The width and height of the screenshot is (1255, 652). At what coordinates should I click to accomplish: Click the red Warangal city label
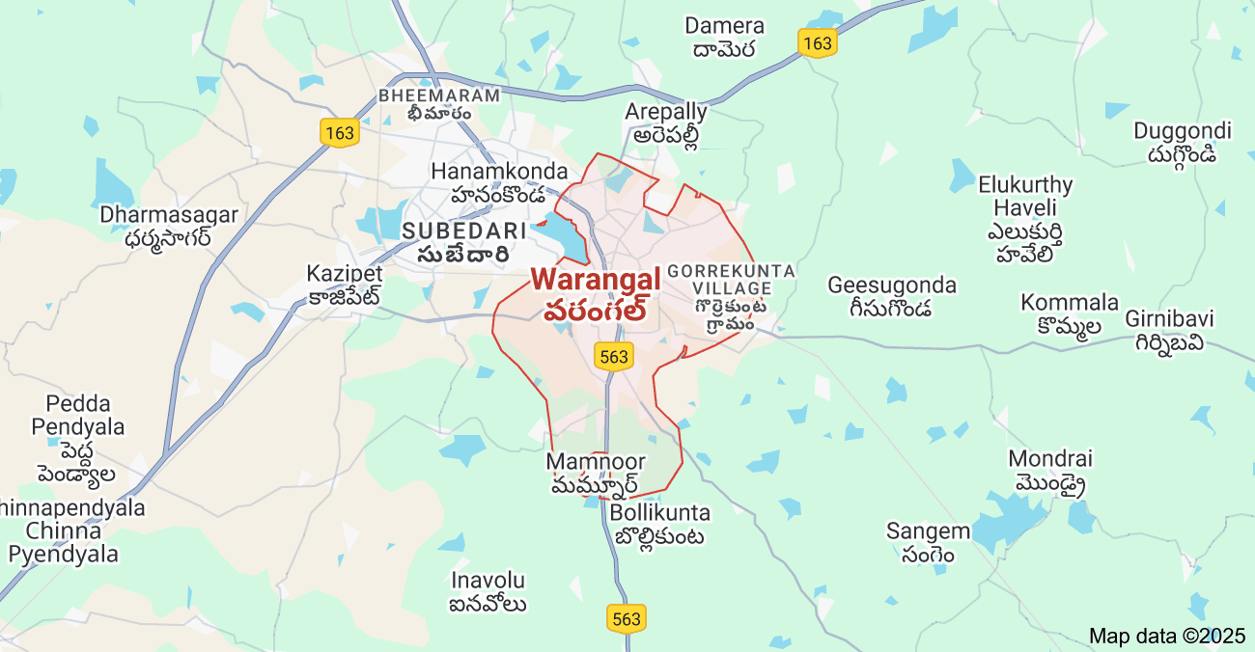[596, 281]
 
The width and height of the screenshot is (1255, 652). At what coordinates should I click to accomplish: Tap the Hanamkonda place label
[488, 172]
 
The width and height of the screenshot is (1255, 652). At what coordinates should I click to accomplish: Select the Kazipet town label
[344, 274]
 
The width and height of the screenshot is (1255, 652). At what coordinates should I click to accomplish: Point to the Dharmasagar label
[169, 215]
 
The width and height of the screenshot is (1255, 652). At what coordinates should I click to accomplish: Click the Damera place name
[724, 27]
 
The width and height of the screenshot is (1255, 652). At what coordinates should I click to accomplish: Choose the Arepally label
[666, 113]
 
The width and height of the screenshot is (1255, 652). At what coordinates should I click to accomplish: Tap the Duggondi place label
[1183, 131]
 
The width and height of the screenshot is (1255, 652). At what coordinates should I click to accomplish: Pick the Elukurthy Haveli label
[1025, 196]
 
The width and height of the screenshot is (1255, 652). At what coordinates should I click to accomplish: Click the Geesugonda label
[892, 285]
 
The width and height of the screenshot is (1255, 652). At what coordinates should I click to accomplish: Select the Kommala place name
[1070, 303]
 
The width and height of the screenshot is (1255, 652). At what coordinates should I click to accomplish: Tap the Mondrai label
[1049, 459]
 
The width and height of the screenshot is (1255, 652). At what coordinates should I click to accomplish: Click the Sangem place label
[928, 532]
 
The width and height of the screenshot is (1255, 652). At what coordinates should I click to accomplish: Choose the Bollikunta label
[659, 513]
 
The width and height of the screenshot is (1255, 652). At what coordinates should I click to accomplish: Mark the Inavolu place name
[488, 581]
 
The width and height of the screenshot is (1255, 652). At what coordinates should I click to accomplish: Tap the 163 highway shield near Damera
[817, 42]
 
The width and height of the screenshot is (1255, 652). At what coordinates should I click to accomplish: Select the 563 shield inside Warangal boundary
[614, 356]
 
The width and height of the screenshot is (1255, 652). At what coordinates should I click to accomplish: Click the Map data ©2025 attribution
[1167, 636]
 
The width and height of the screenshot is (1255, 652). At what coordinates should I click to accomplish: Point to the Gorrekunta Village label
[731, 280]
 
